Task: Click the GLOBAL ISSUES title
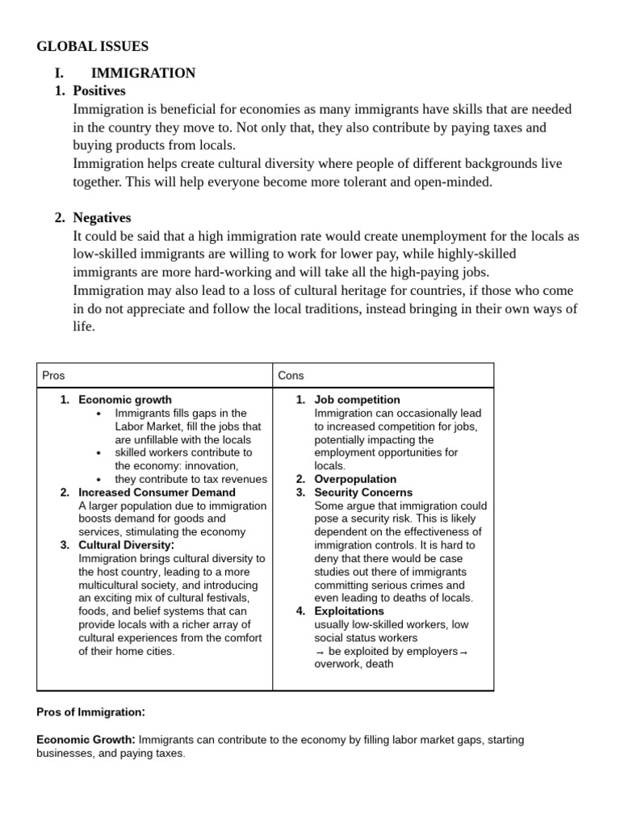click(92, 47)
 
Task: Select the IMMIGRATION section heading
click(143, 73)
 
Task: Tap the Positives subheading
click(99, 90)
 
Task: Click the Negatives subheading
click(102, 217)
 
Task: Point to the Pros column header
click(53, 376)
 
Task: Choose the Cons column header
click(291, 376)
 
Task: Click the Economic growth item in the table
click(125, 400)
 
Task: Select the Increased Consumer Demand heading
click(157, 492)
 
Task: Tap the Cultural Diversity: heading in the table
click(126, 545)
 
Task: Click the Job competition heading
click(357, 400)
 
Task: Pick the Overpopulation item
click(355, 479)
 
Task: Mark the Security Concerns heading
click(363, 492)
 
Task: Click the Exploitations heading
click(349, 611)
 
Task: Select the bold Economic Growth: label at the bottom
click(86, 740)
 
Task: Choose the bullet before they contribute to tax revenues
click(98, 479)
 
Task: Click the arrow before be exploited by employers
click(320, 651)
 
